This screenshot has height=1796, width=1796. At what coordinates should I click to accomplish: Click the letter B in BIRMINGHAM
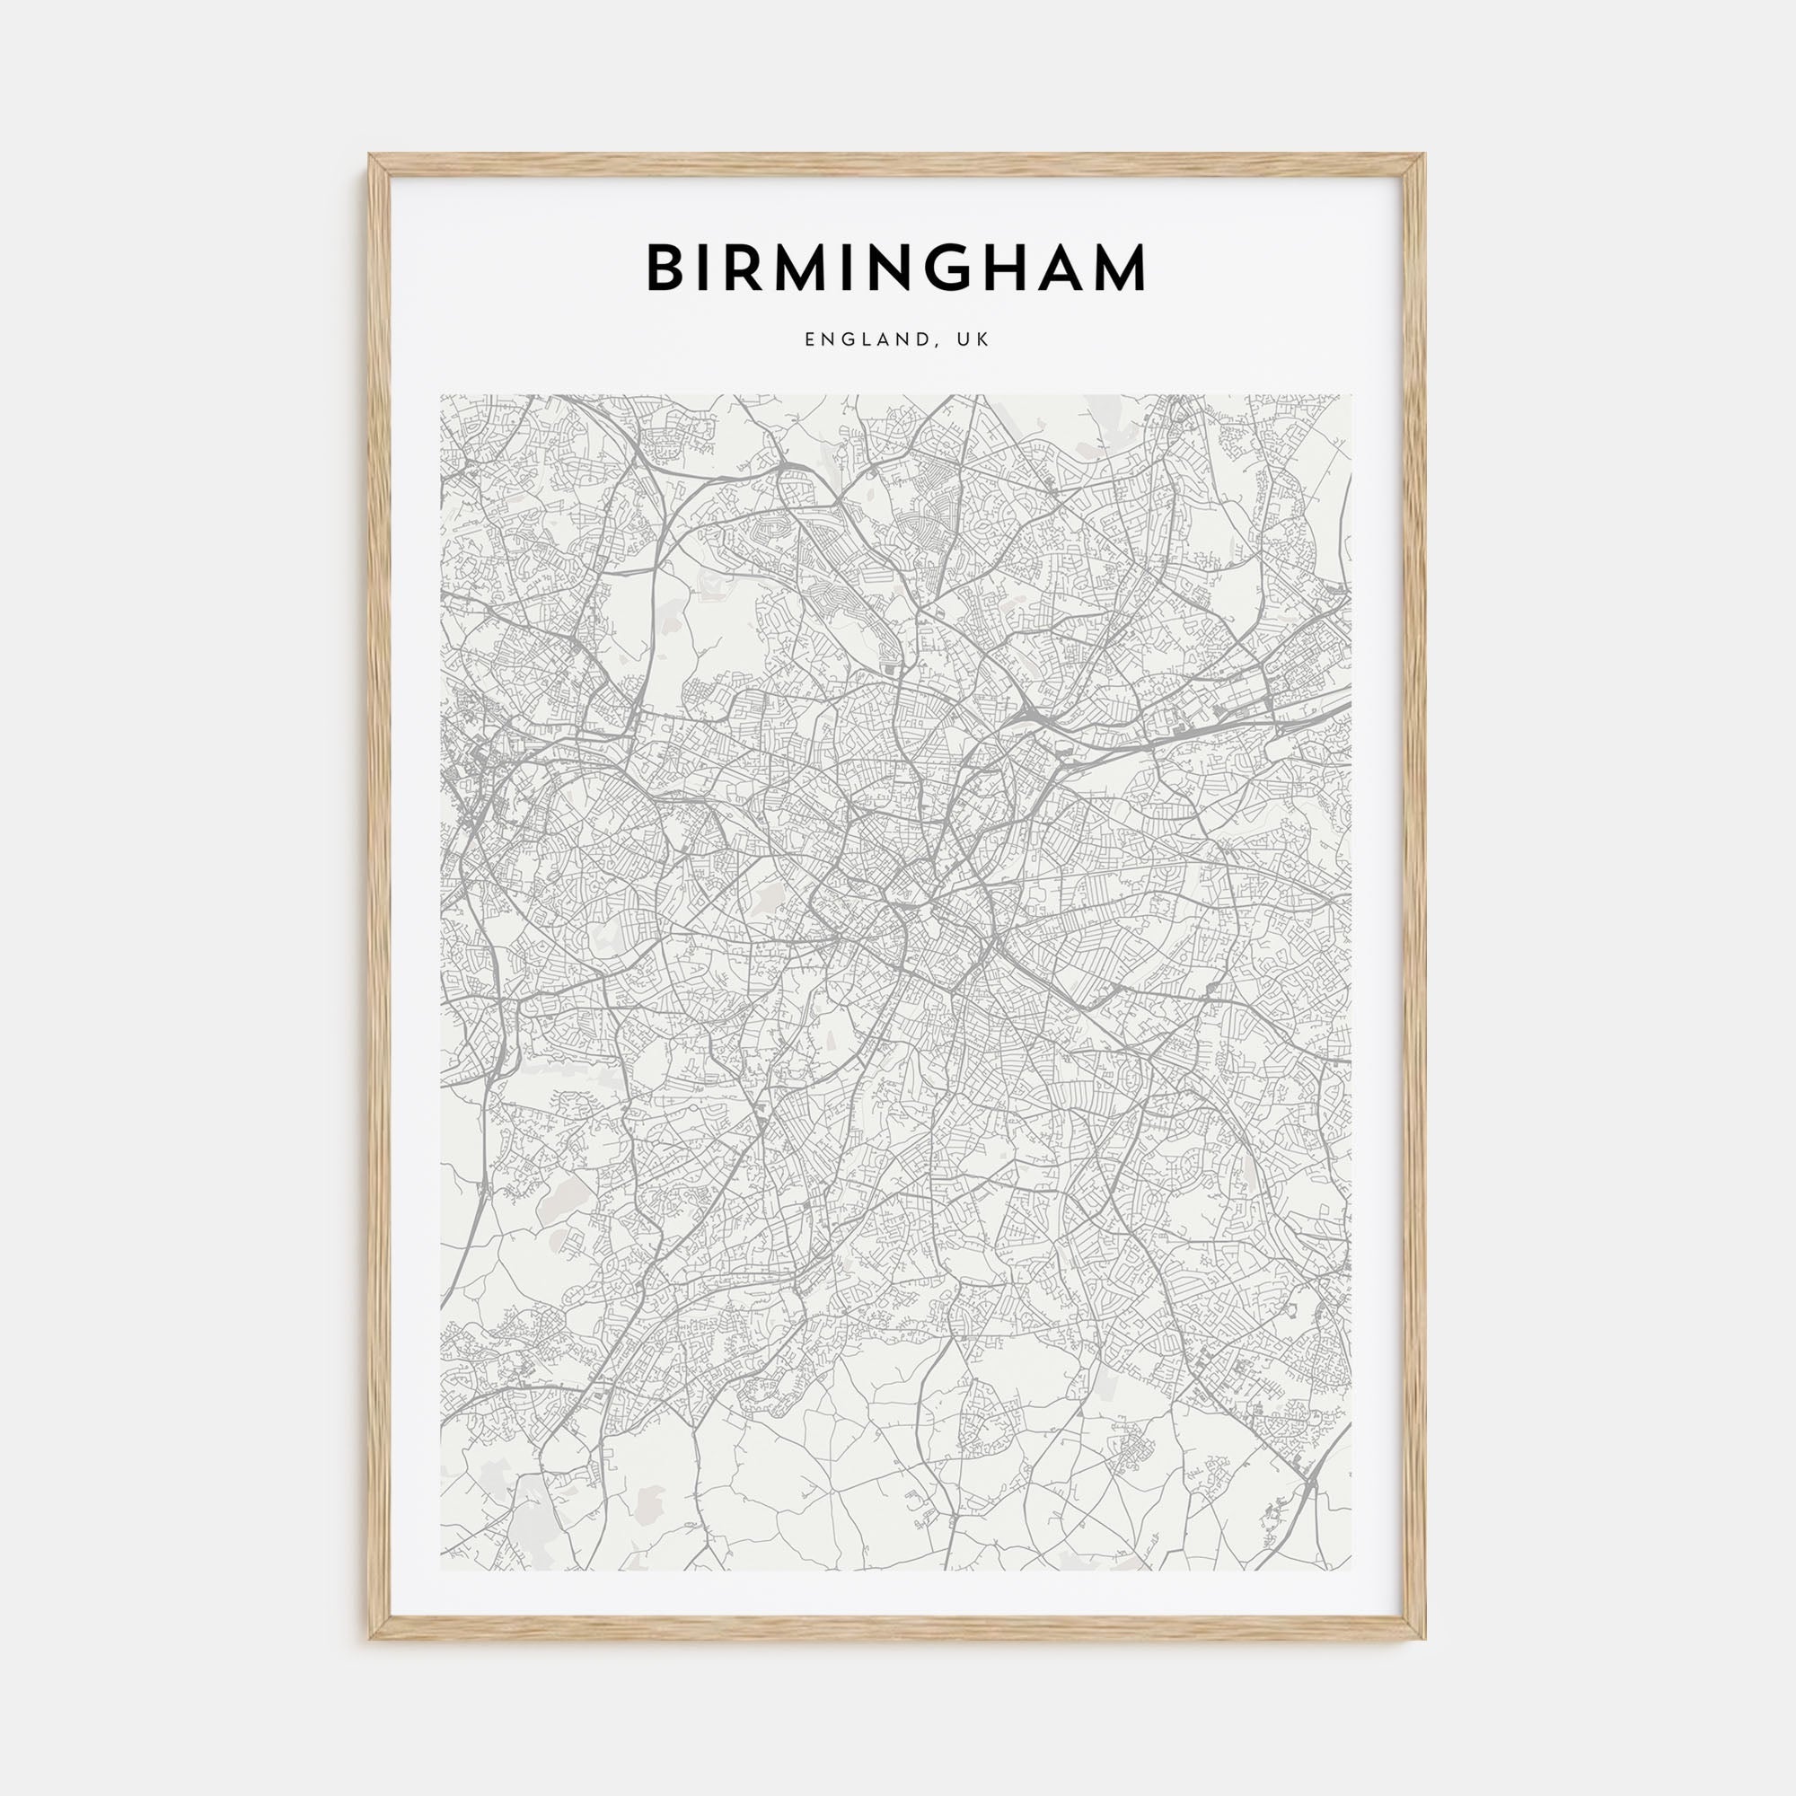[666, 268]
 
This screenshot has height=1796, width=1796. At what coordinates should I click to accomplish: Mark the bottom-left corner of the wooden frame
[371, 1639]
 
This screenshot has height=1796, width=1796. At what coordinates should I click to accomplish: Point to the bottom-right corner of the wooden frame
[1425, 1639]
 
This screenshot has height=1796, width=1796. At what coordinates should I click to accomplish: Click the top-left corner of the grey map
[441, 395]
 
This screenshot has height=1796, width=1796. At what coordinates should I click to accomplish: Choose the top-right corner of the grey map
[1353, 395]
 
